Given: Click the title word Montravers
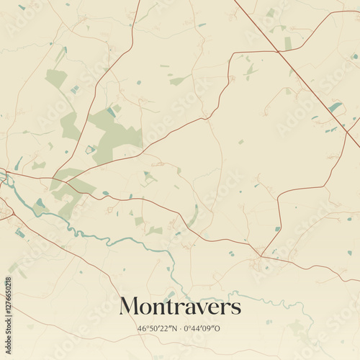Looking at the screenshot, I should tap(180, 307).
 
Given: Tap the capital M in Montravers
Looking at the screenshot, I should tap(130, 306).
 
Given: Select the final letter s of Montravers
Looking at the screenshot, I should tap(236, 308).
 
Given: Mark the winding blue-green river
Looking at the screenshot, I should tap(108, 238).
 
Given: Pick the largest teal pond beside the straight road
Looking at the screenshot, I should tap(335, 107).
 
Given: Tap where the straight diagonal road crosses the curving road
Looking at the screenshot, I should tap(277, 50).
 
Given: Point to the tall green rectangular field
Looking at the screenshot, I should tap(288, 43).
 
